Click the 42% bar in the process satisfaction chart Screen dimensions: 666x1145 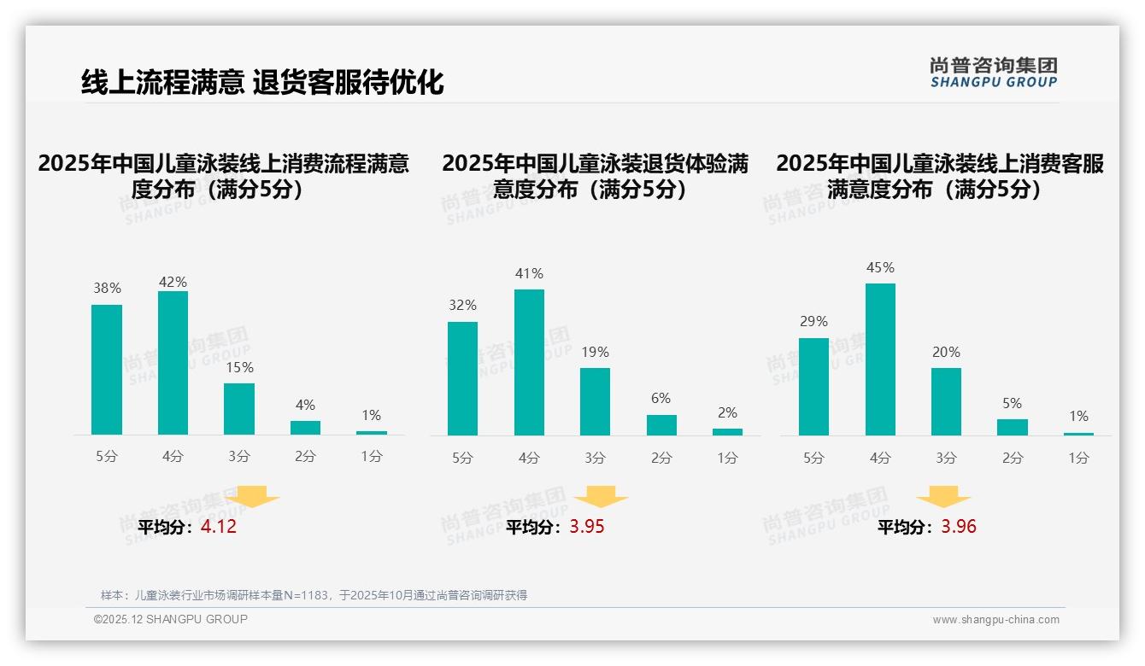173,363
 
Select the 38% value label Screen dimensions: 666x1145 107,289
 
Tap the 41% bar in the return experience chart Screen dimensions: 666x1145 529,362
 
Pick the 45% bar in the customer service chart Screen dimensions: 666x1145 880,359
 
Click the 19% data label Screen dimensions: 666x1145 595,352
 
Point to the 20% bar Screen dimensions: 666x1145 946,401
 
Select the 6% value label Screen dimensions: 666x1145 661,399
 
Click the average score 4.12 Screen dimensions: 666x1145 219,527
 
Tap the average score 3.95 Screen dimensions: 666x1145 586,527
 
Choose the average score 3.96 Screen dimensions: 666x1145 959,527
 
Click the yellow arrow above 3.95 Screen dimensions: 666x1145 601,496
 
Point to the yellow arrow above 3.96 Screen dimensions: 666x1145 943,496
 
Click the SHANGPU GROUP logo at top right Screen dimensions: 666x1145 993,73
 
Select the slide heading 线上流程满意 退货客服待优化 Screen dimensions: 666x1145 262,83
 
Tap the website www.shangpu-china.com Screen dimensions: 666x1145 995,620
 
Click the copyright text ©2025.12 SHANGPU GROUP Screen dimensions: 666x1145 171,619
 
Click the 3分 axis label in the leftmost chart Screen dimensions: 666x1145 239,457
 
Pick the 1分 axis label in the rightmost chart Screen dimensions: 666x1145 1078,459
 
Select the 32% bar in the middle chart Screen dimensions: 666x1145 462,378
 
